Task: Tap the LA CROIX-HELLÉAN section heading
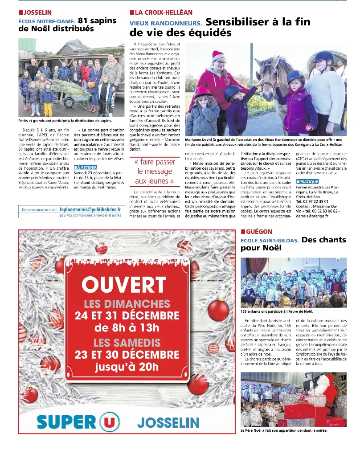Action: (164, 12)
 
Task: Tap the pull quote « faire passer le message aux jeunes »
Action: (154, 172)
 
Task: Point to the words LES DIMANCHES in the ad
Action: (127, 304)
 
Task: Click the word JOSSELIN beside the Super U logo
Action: (168, 422)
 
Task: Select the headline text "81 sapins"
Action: (97, 20)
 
